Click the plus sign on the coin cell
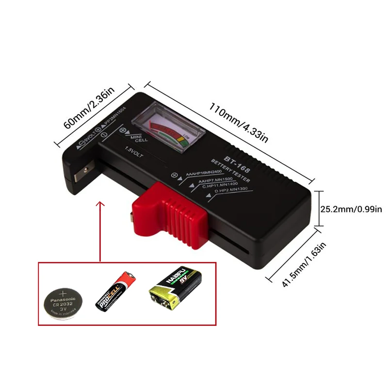63,293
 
